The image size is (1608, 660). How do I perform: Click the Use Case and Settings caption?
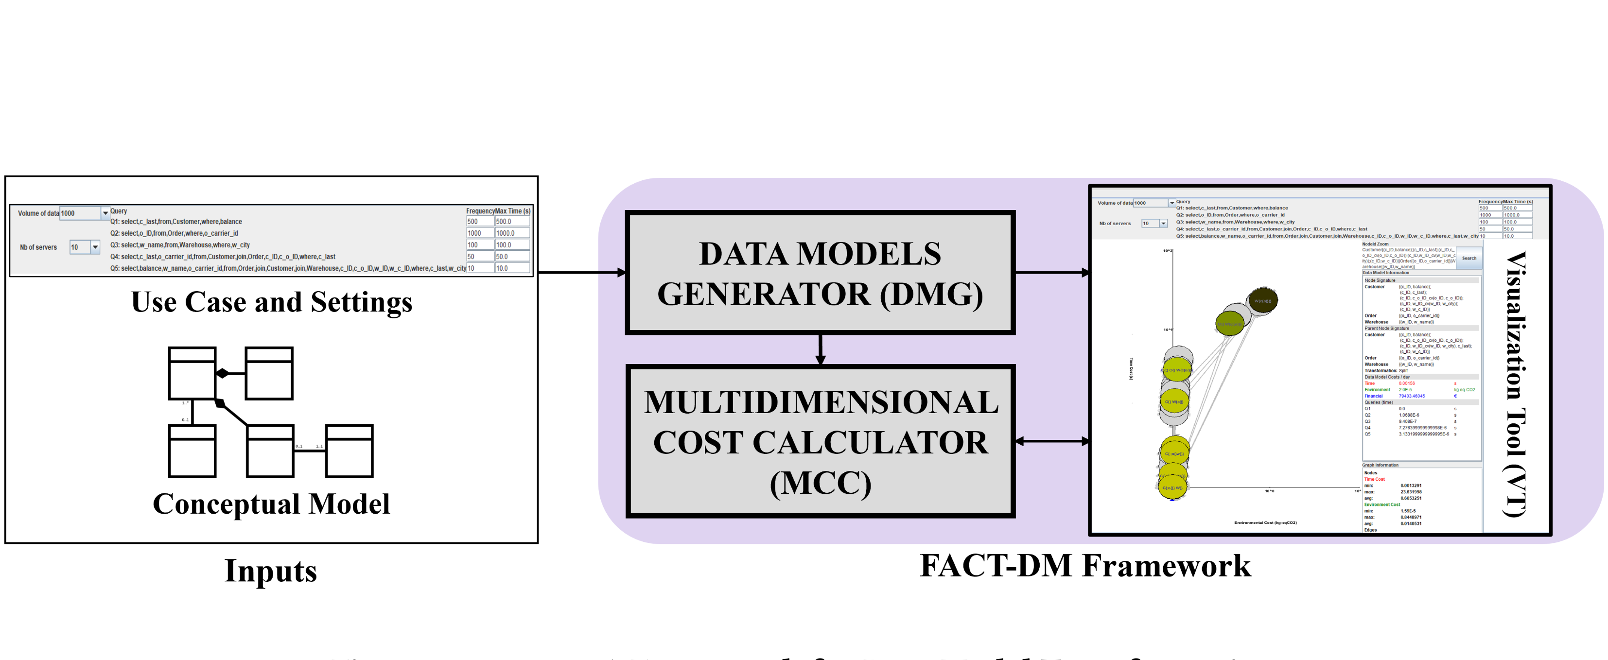coord(272,302)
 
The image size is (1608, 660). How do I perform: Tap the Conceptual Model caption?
coord(272,504)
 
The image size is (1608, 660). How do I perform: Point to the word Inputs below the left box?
coord(271,571)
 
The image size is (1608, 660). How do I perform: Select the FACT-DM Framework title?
coord(1085,566)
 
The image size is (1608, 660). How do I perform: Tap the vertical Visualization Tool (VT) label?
coord(1516,384)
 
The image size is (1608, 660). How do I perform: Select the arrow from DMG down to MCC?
coord(820,349)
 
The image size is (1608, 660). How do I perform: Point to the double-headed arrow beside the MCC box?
coord(1052,441)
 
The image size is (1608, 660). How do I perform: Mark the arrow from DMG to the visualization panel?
coord(1052,272)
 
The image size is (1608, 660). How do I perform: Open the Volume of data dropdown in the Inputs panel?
coord(105,213)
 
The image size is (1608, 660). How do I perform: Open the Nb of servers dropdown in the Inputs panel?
coord(95,247)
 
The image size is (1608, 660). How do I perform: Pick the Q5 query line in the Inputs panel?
coord(287,268)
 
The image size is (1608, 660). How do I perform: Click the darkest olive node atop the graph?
coord(1263,300)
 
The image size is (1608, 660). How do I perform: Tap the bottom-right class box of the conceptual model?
coord(349,451)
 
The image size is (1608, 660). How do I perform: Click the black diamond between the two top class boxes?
coord(222,373)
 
